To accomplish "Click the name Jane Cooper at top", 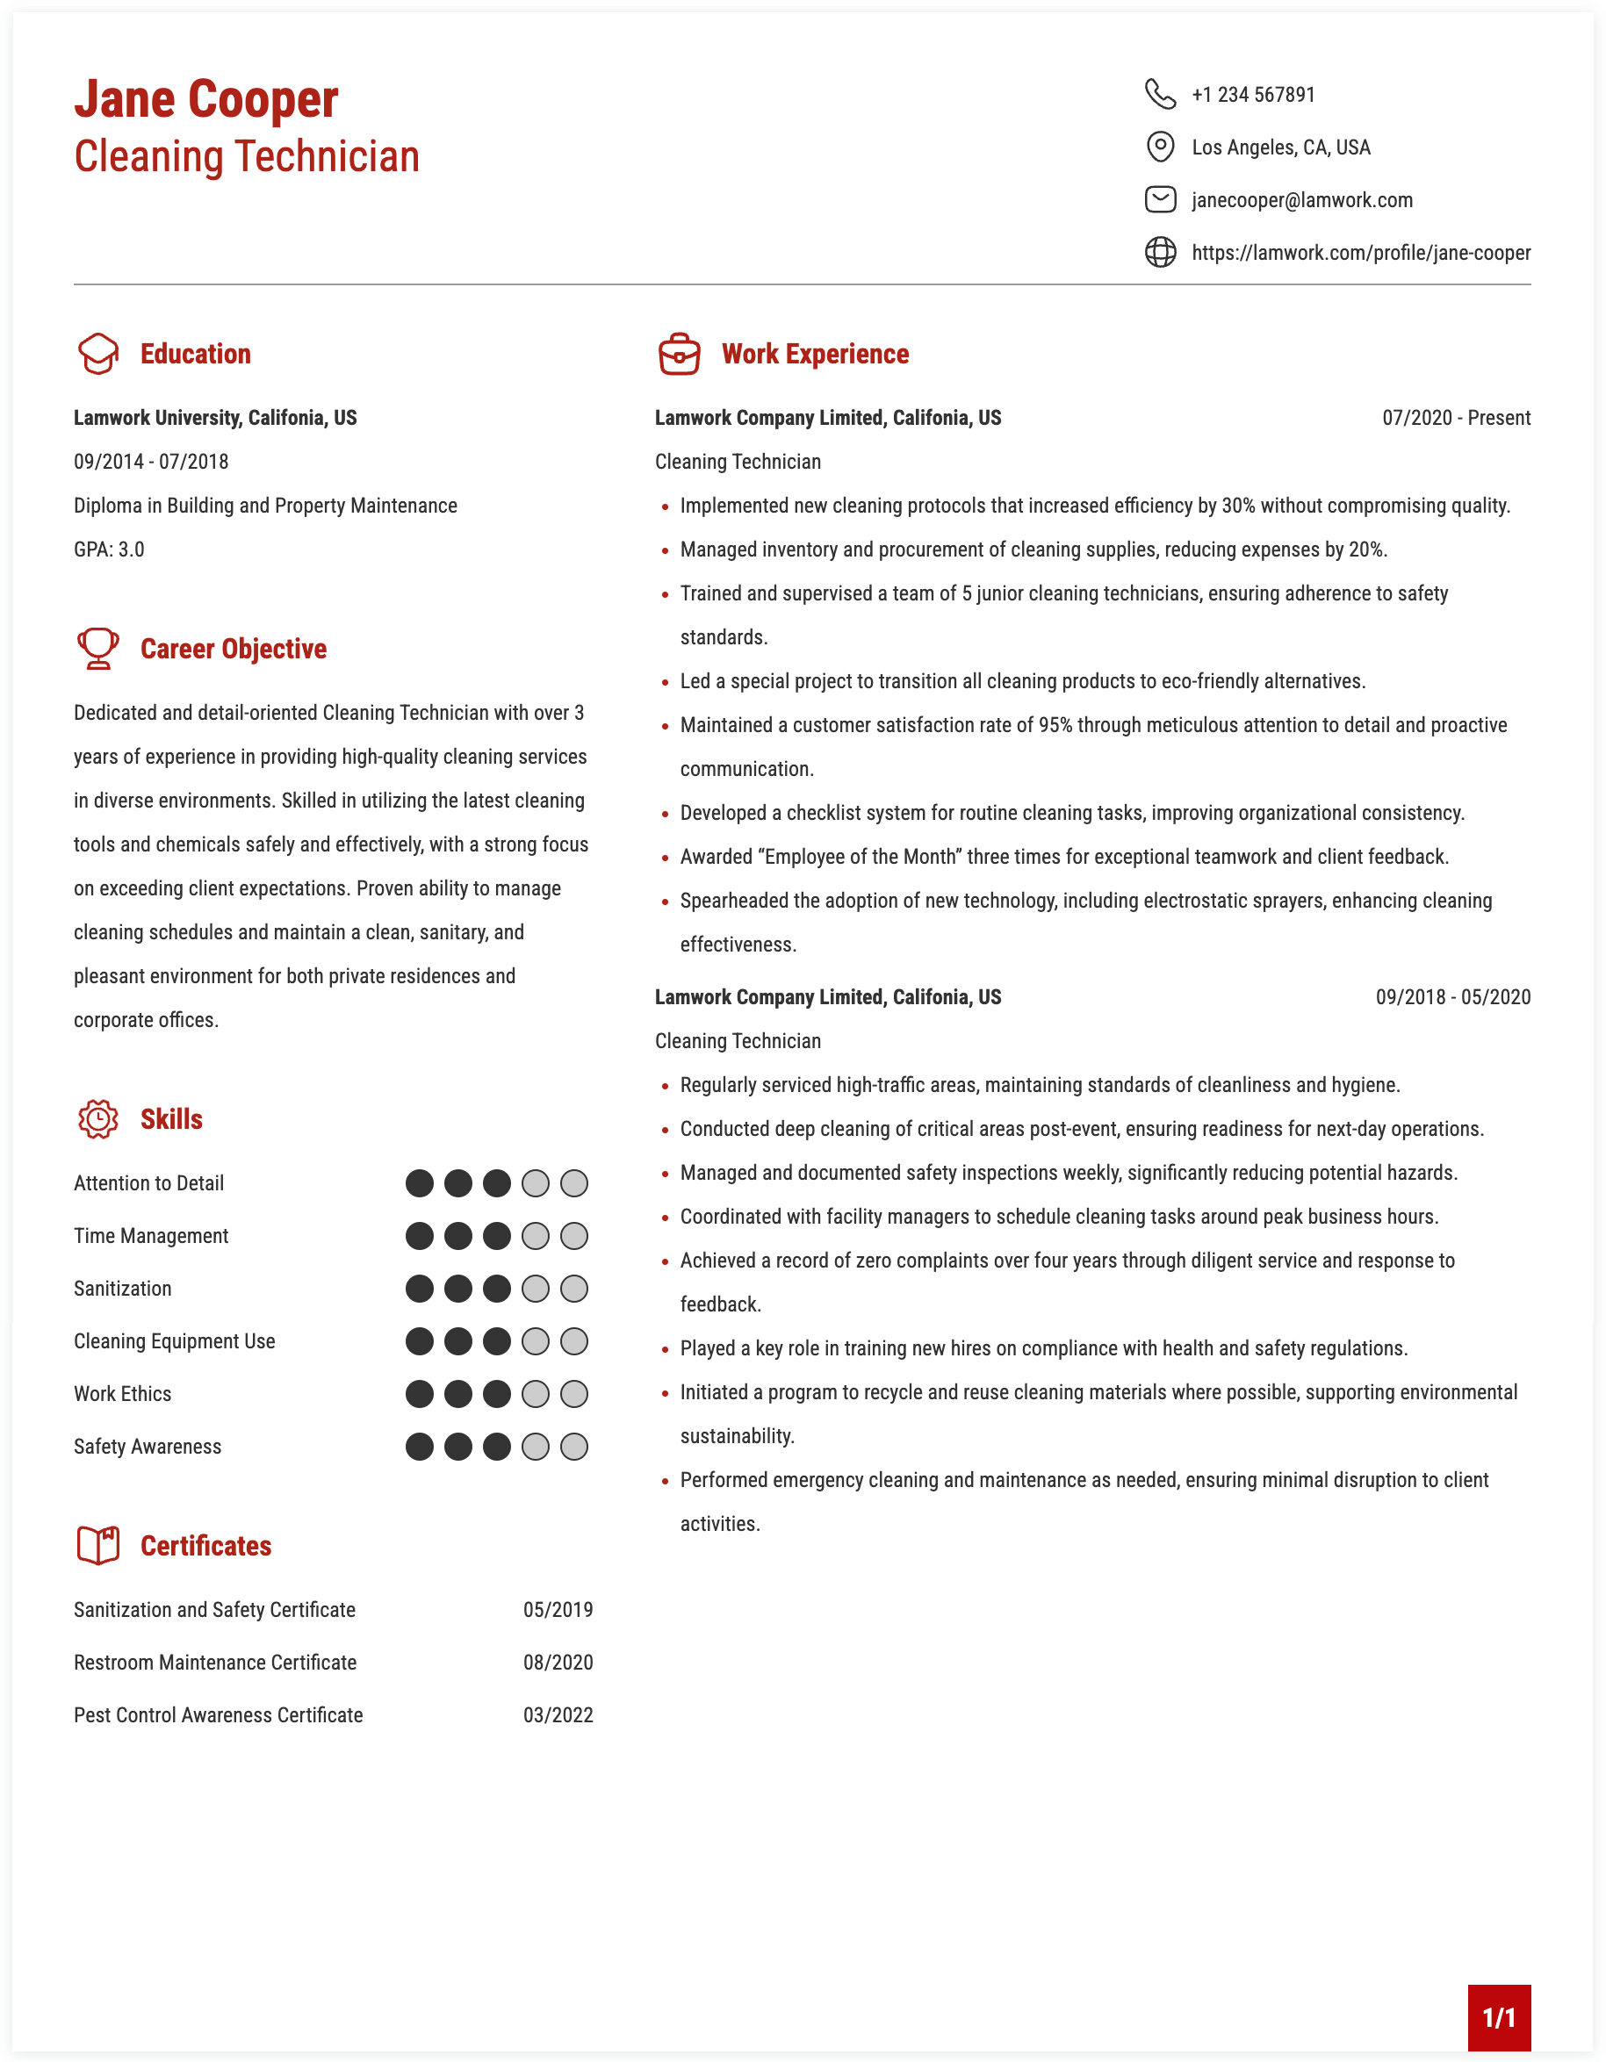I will [205, 99].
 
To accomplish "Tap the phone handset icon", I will [1159, 95].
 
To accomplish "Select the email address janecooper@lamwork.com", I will [1301, 200].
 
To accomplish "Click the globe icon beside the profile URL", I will [1159, 252].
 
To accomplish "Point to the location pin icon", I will [1159, 147].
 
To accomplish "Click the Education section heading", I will [196, 354].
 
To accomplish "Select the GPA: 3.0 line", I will [110, 550].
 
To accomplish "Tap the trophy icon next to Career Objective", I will [97, 649].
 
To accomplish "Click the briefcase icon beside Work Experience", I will [679, 354].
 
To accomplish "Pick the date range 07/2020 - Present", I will [1455, 418].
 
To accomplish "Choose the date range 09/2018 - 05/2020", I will [1452, 997].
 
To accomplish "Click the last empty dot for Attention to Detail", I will [574, 1183].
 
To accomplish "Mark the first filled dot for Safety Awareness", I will [419, 1447].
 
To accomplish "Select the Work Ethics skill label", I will [123, 1395].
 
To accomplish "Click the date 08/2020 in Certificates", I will [558, 1663].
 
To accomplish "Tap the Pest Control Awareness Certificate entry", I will [218, 1715].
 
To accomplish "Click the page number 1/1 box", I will [1498, 2017].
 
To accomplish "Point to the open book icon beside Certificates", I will [97, 1546].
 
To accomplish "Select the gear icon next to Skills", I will [97, 1119].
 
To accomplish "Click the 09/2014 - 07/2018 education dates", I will [151, 462].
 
